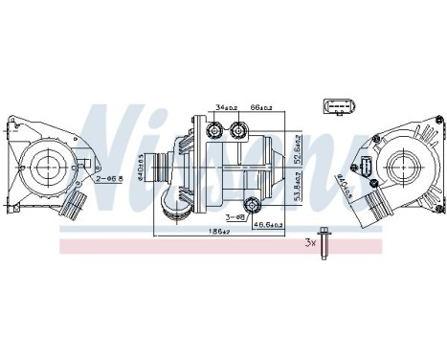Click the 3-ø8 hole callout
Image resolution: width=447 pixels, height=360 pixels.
[x=235, y=218]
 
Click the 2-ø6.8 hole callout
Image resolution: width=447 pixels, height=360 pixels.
[x=110, y=179]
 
